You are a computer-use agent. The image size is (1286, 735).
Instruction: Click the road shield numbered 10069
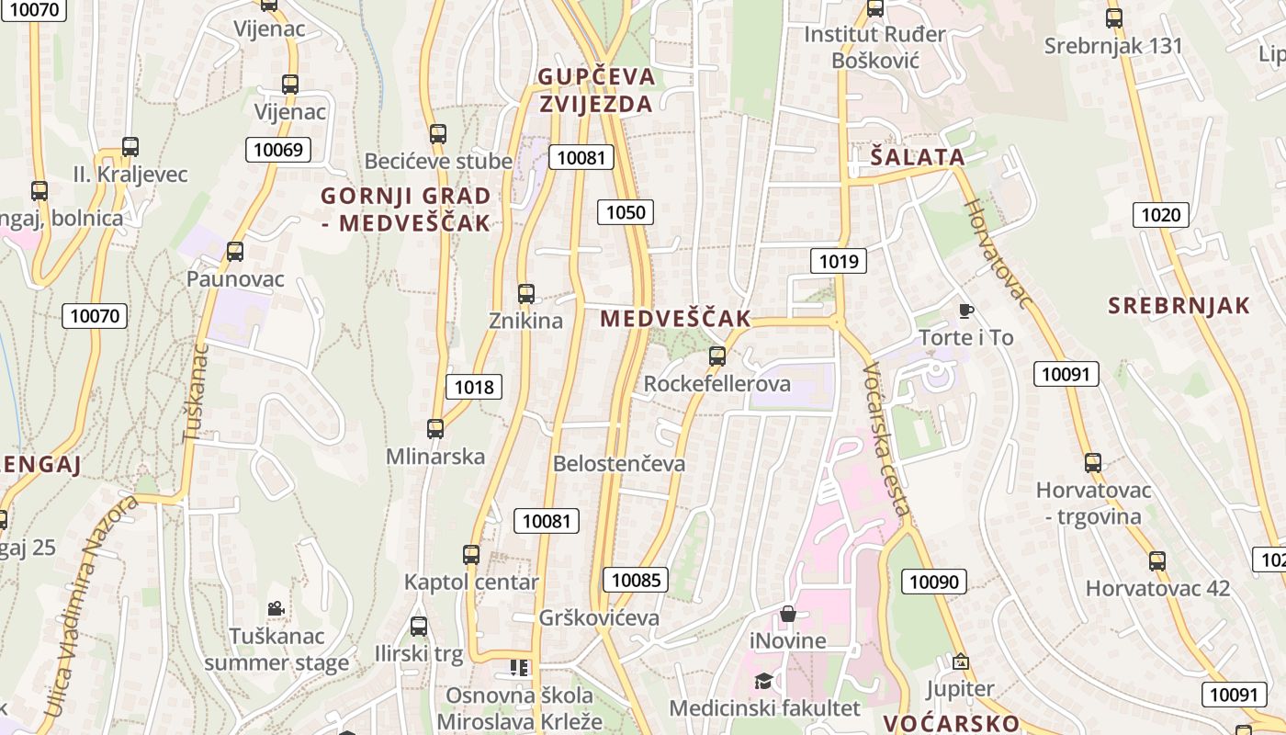point(277,150)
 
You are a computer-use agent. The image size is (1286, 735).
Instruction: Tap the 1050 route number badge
point(626,212)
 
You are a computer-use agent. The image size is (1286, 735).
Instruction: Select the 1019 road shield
point(839,262)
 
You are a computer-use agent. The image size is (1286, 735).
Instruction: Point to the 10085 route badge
point(635,580)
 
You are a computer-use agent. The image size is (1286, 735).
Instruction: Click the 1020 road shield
point(1160,216)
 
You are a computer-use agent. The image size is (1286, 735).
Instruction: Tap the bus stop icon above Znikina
point(526,294)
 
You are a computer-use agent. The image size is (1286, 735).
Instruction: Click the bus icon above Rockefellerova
point(717,356)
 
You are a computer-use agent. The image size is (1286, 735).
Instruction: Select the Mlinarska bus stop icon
point(435,429)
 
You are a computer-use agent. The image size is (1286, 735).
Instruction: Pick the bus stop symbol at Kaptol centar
point(471,555)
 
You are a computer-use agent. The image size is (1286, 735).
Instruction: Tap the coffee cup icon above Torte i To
point(965,311)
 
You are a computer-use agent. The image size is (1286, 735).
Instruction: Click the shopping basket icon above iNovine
point(788,614)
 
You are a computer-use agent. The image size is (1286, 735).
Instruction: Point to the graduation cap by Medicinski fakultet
point(763,681)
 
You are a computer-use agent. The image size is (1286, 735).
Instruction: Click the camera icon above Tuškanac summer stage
point(276,608)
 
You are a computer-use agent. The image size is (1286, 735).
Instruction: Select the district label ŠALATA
point(918,157)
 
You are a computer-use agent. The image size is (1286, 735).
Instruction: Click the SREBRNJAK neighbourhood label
point(1179,306)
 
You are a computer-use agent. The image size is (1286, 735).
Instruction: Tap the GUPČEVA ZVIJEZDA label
point(596,90)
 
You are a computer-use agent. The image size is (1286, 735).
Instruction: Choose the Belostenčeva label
point(618,464)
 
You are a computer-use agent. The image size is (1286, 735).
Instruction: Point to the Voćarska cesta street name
point(887,439)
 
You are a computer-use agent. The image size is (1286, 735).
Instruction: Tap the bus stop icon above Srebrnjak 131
point(1114,17)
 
